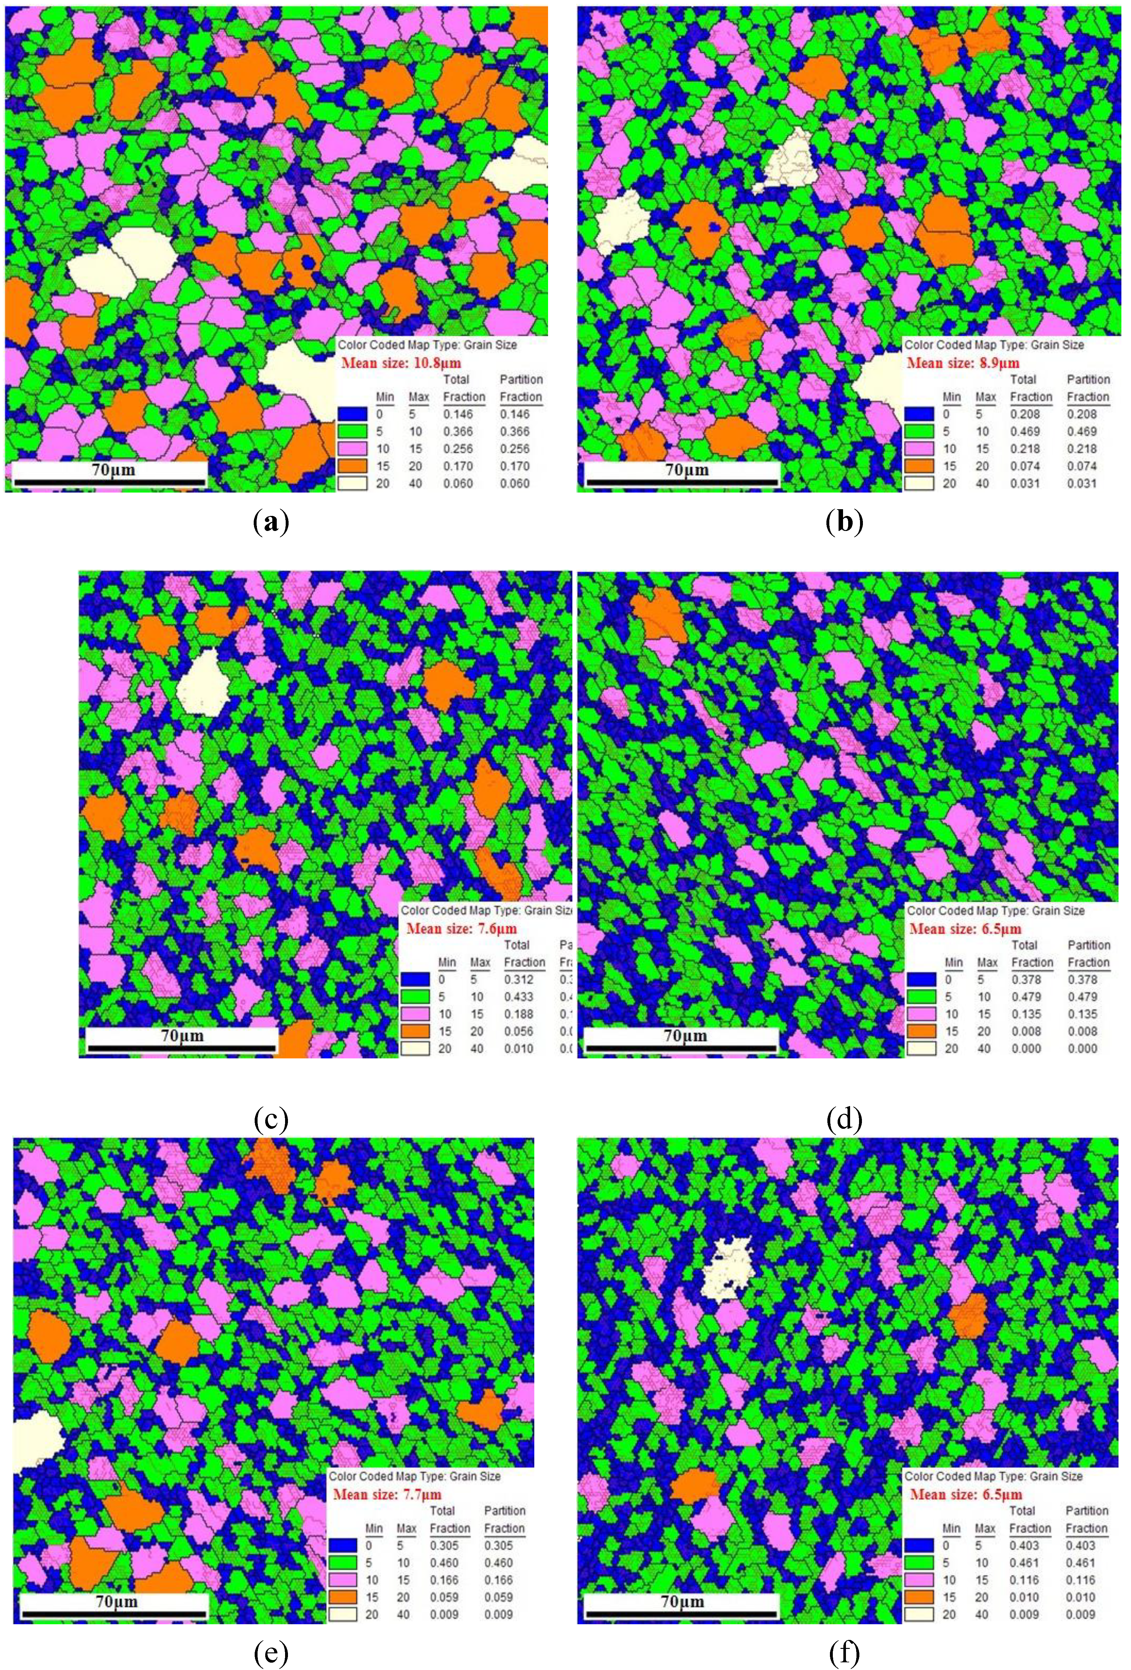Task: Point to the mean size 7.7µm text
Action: pos(387,1494)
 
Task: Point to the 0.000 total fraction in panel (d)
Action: pos(1026,1048)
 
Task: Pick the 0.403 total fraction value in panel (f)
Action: pos(1024,1545)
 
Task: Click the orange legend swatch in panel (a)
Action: pos(352,466)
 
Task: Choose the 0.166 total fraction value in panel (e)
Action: pos(444,1579)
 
